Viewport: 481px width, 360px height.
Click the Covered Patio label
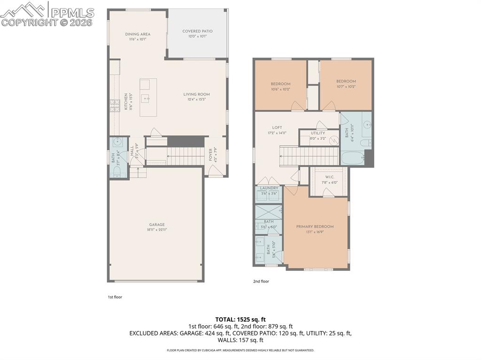point(197,31)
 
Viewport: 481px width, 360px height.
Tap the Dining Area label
point(138,34)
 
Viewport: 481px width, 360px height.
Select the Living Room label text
point(196,94)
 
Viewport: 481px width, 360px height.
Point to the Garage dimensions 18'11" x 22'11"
point(157,230)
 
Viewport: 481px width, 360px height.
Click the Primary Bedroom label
point(315,227)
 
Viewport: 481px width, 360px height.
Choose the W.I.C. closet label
point(329,177)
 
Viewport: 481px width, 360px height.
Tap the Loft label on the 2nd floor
point(277,128)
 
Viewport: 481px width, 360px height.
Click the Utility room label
point(318,133)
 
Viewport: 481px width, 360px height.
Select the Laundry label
point(269,188)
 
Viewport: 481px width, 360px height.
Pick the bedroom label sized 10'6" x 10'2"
point(280,84)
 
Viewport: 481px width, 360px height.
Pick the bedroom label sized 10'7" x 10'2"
point(346,81)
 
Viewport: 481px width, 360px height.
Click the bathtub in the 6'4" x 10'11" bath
point(353,159)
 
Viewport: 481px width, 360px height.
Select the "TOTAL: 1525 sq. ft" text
point(240,319)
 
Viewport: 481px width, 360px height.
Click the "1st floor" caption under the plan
point(115,297)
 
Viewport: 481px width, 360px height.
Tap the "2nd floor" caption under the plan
point(261,282)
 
